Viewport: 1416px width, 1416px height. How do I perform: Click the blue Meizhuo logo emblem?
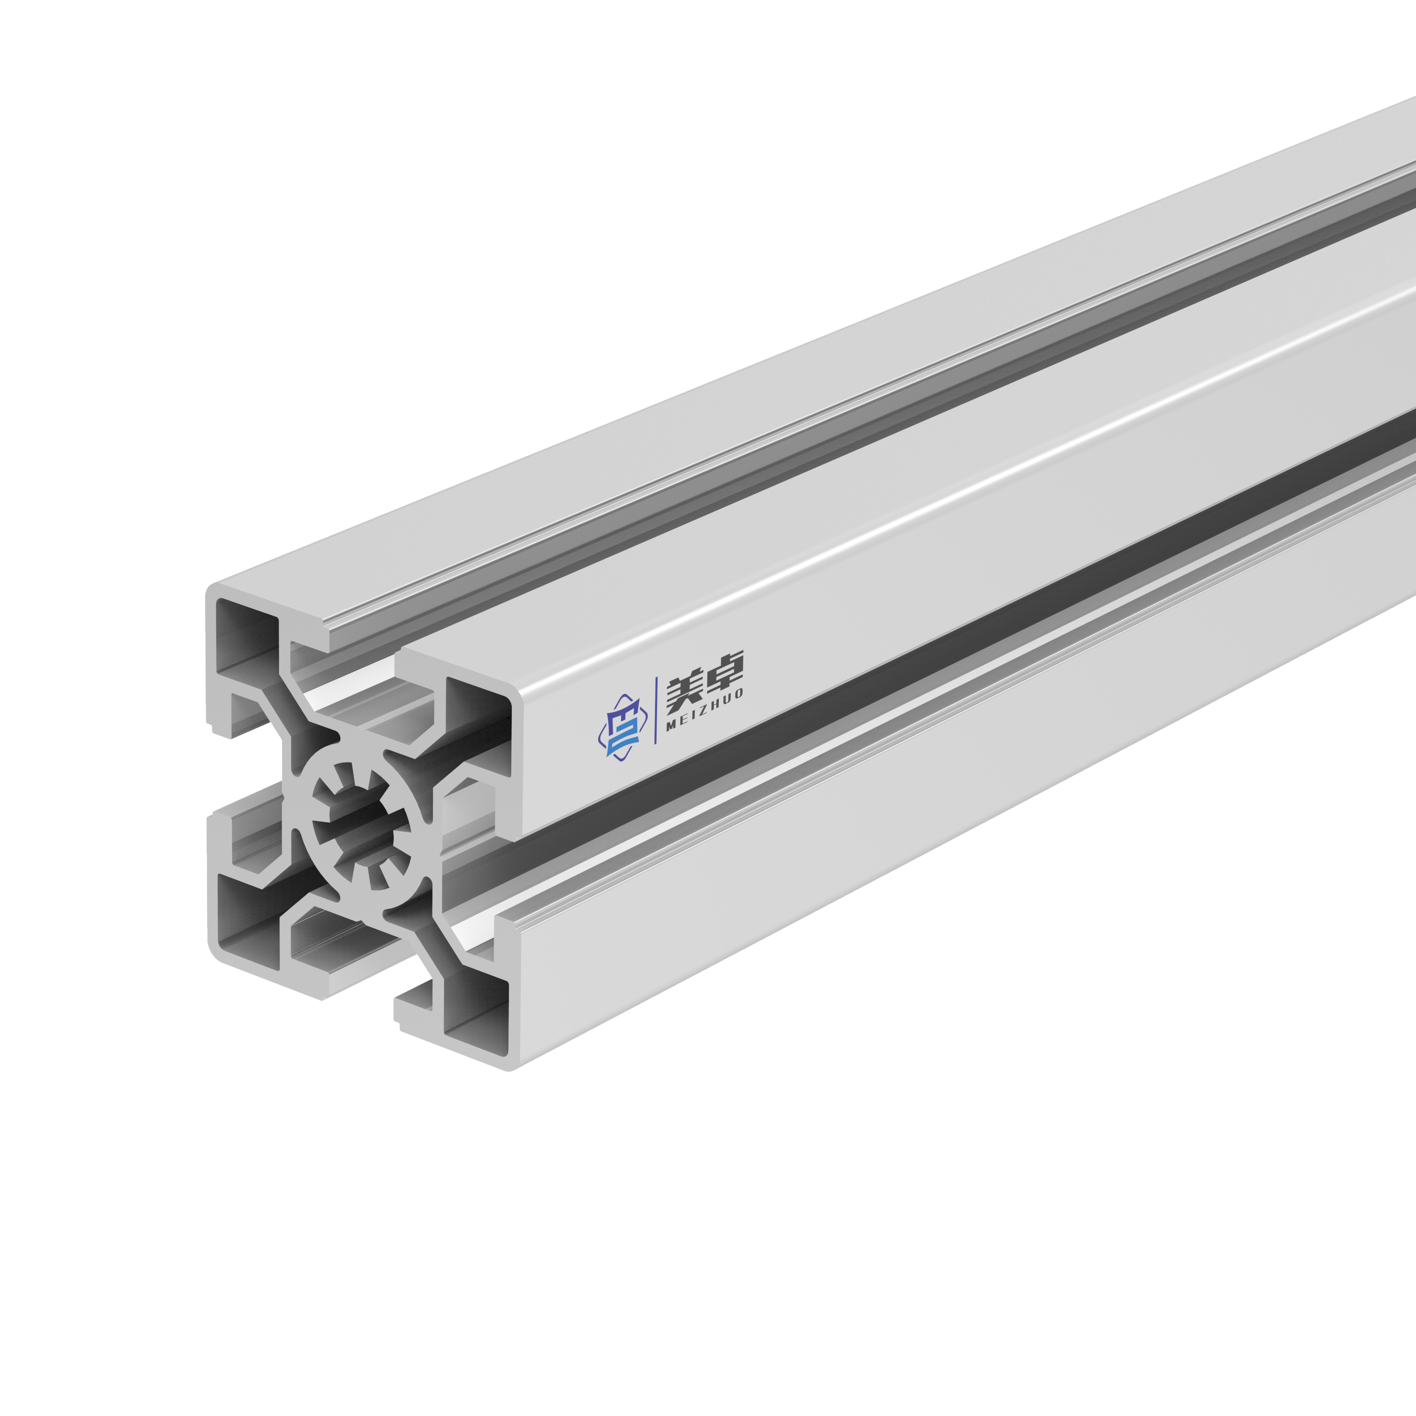coord(619,727)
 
